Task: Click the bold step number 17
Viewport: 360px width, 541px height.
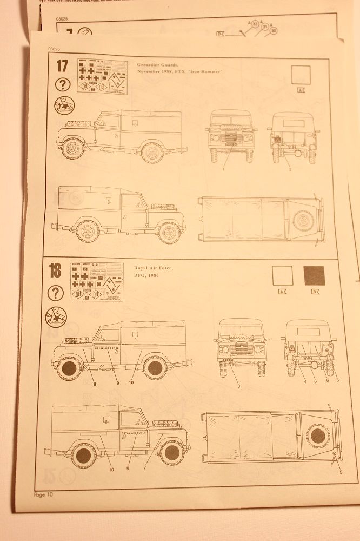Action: click(62, 67)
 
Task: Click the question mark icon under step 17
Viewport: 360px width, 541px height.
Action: click(63, 85)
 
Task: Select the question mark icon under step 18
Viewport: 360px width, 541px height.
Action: click(56, 293)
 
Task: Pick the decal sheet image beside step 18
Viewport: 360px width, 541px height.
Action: click(96, 282)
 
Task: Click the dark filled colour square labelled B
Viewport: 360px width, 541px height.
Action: click(314, 275)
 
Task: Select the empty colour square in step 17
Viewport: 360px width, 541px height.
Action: click(301, 75)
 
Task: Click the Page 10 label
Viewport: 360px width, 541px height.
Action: click(43, 494)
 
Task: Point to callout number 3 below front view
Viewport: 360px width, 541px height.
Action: click(238, 386)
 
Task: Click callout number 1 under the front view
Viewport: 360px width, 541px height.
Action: click(222, 169)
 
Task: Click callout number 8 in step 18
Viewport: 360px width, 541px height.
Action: click(95, 384)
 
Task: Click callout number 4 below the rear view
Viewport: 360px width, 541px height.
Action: click(305, 382)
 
